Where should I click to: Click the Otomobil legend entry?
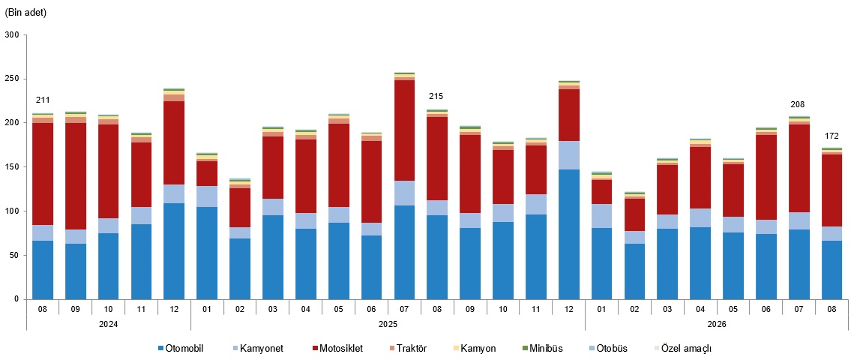(x=181, y=349)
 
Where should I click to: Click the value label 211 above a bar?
(x=43, y=100)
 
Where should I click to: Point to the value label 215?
(x=436, y=97)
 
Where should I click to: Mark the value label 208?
(x=798, y=104)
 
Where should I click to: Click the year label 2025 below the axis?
(x=388, y=324)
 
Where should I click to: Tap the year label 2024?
(x=108, y=324)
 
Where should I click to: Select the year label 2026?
(x=717, y=324)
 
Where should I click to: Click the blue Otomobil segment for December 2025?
(x=569, y=234)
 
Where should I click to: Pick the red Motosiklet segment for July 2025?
(x=404, y=130)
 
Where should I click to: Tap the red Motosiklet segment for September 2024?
(x=76, y=176)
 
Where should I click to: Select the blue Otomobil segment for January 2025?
(x=207, y=253)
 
